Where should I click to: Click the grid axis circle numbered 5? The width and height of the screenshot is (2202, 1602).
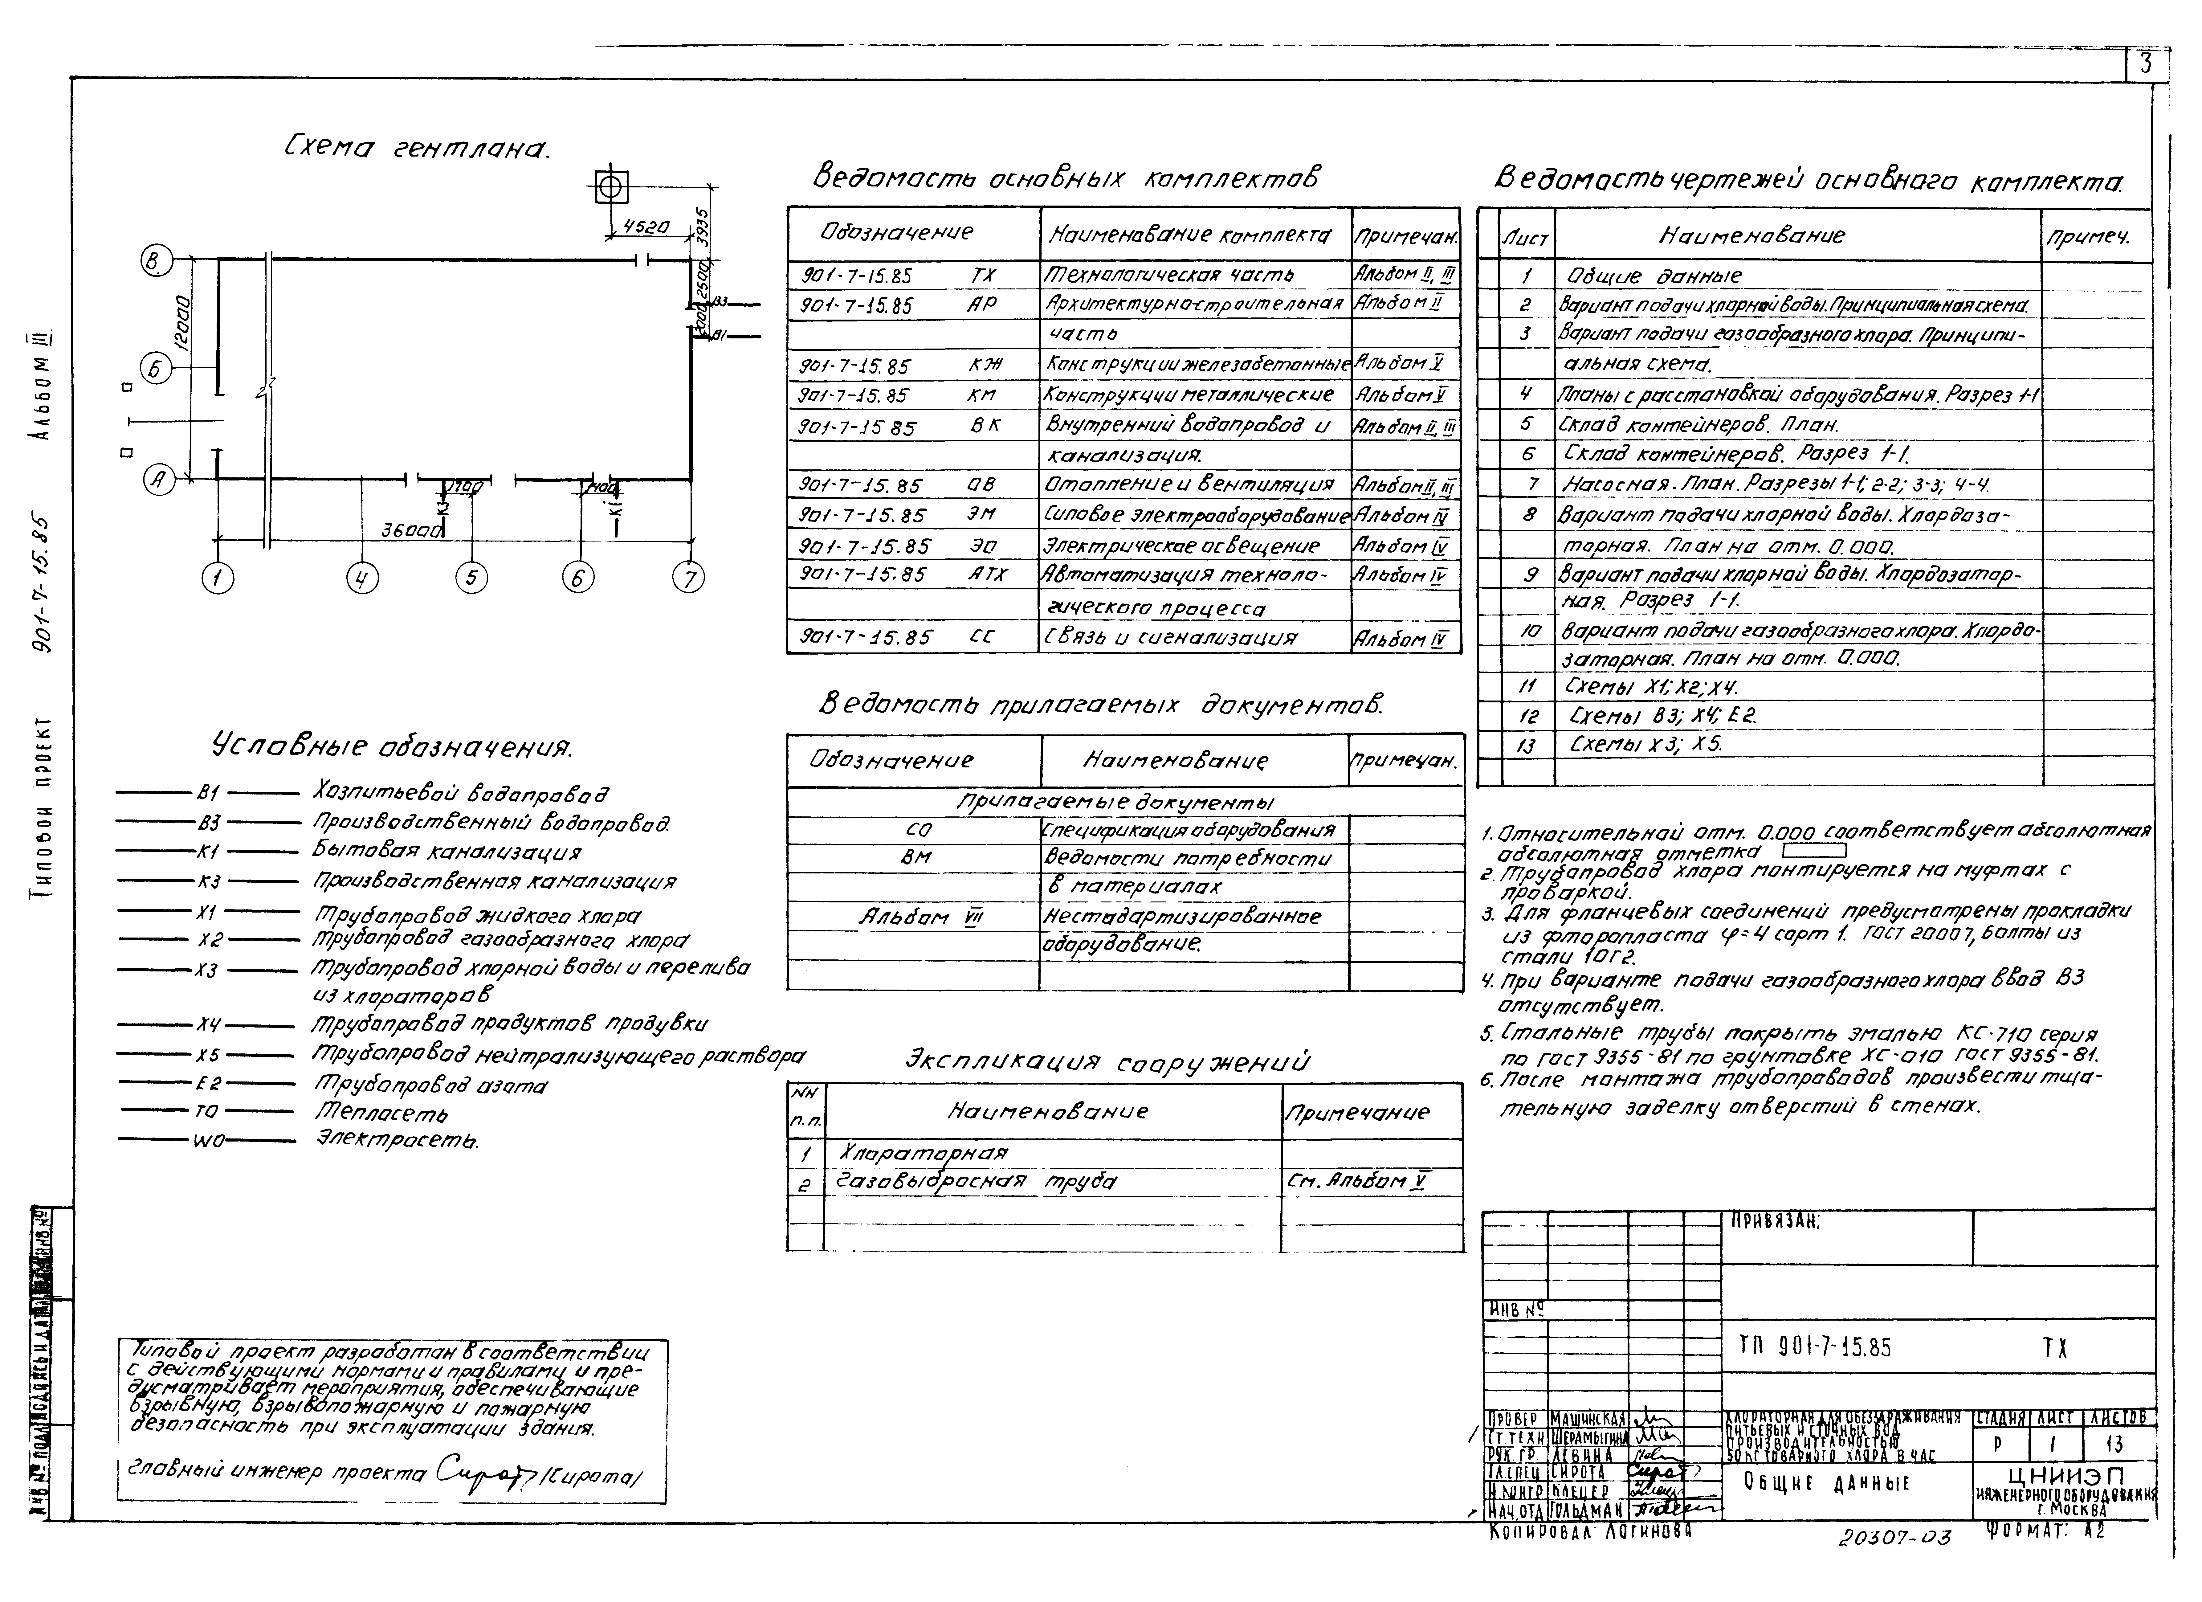(x=471, y=579)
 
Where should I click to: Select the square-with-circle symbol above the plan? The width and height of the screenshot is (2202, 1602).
(x=611, y=186)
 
